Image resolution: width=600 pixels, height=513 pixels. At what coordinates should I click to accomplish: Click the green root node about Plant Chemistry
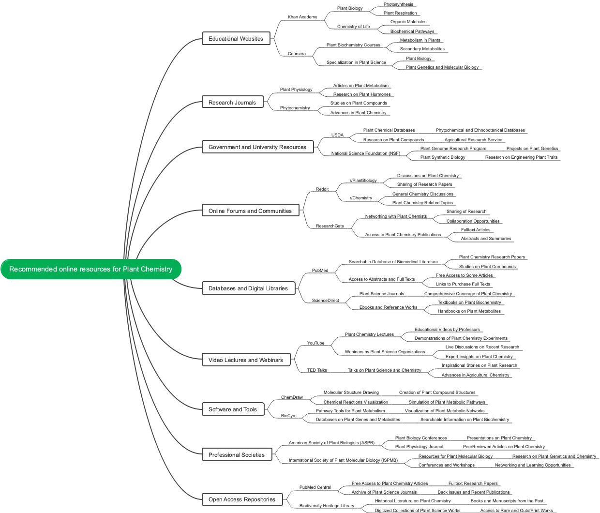click(x=91, y=269)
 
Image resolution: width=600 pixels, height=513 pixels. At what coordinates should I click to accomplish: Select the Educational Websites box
click(x=236, y=39)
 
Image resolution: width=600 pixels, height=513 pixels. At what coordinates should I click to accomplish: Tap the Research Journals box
click(x=232, y=103)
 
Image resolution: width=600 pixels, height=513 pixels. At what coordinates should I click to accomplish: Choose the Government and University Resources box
click(x=257, y=147)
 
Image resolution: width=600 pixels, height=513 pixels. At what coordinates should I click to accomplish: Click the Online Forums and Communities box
click(x=250, y=211)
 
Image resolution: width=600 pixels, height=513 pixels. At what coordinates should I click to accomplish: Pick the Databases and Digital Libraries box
click(x=248, y=288)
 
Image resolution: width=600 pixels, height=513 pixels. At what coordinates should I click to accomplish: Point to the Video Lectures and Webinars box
click(x=246, y=360)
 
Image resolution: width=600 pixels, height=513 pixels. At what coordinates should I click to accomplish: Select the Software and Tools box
click(x=233, y=409)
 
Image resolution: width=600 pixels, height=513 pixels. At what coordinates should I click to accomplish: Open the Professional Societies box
click(x=237, y=455)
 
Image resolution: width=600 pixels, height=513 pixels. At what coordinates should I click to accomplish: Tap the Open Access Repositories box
click(x=242, y=499)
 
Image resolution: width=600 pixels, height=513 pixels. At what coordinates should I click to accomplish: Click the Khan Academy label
click(x=302, y=17)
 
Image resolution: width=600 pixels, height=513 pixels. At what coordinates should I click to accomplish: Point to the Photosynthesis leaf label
click(x=398, y=4)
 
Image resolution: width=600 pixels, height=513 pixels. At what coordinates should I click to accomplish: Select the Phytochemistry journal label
click(x=295, y=108)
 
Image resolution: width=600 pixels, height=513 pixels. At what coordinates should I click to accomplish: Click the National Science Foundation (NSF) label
click(x=365, y=153)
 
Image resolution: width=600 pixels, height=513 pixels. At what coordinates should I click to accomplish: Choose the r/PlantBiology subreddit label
click(x=363, y=181)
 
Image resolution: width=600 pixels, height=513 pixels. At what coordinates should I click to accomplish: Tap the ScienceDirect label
click(x=325, y=301)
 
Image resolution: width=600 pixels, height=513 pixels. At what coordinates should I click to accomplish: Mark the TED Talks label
click(x=317, y=370)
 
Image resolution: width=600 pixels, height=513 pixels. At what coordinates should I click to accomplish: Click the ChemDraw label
click(x=292, y=397)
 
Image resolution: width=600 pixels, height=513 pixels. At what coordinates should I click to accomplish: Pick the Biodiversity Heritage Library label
click(x=327, y=506)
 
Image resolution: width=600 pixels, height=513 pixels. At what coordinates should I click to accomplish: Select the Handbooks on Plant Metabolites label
click(x=469, y=311)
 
